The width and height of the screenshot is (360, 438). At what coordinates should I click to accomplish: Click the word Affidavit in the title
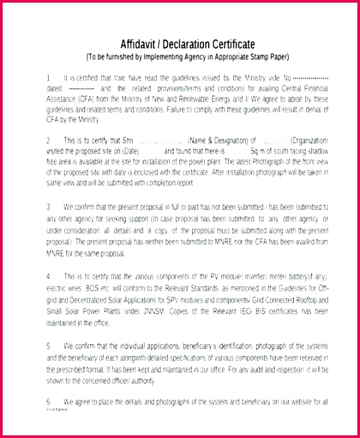pos(142,43)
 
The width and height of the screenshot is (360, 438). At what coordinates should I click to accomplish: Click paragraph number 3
pos(48,207)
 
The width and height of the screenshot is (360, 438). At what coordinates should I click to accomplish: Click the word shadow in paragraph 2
pos(316,151)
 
